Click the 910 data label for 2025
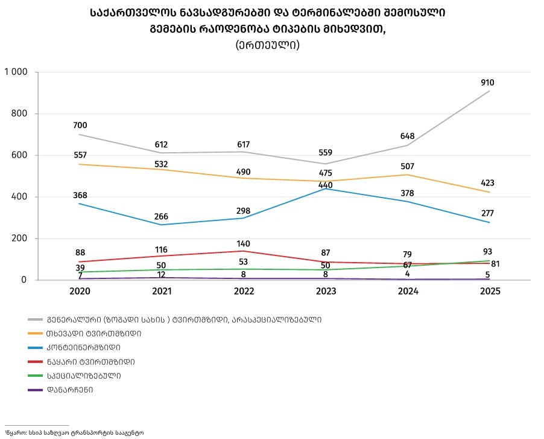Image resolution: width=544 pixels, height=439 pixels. coord(488,82)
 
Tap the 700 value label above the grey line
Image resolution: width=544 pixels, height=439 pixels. coord(80,126)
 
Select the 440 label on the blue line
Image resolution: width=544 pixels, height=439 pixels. coord(325,185)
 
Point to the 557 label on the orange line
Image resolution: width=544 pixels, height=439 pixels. coord(80,155)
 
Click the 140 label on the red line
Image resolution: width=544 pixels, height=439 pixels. coord(243,244)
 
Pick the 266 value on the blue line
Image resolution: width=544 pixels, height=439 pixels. coord(161,217)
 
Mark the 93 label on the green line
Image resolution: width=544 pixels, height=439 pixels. coord(488,251)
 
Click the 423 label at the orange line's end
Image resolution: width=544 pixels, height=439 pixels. coord(488,183)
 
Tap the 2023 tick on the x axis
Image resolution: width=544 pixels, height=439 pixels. coord(325,290)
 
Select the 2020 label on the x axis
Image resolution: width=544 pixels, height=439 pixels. coord(80,290)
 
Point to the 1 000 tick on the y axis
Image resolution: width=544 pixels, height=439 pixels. coord(16,72)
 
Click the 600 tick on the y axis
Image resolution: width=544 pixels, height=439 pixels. coord(21,155)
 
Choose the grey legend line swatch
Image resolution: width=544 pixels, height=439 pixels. coord(34,319)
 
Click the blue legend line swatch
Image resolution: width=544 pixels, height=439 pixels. coord(34,347)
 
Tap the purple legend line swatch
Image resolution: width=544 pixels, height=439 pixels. coord(34,389)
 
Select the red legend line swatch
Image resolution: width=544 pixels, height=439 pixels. coord(34,362)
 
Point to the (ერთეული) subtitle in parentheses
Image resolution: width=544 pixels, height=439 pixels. coord(267,45)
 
